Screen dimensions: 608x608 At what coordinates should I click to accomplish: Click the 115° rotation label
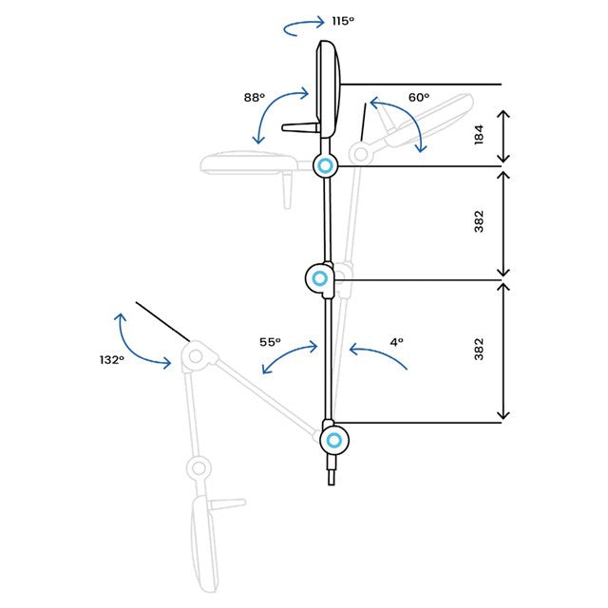(343, 21)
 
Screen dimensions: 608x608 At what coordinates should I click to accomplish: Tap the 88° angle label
(255, 97)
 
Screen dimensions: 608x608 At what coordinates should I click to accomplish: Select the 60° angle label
(419, 97)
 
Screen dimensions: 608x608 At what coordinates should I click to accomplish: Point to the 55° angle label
(270, 342)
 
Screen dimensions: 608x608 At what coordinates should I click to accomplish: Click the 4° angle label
(397, 342)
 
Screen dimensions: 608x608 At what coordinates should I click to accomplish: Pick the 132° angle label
(112, 360)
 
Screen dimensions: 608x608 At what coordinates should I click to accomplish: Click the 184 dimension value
(479, 135)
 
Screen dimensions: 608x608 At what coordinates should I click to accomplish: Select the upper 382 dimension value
(479, 221)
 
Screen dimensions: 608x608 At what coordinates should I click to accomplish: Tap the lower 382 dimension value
(479, 350)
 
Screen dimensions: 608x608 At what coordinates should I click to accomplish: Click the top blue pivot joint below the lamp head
(325, 165)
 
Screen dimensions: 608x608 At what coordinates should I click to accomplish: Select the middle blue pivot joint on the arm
(320, 278)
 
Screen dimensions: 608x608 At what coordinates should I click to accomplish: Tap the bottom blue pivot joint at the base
(334, 440)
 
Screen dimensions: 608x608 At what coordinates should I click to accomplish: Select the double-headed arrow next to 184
(503, 136)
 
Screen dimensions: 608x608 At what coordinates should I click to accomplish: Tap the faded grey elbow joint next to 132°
(196, 356)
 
